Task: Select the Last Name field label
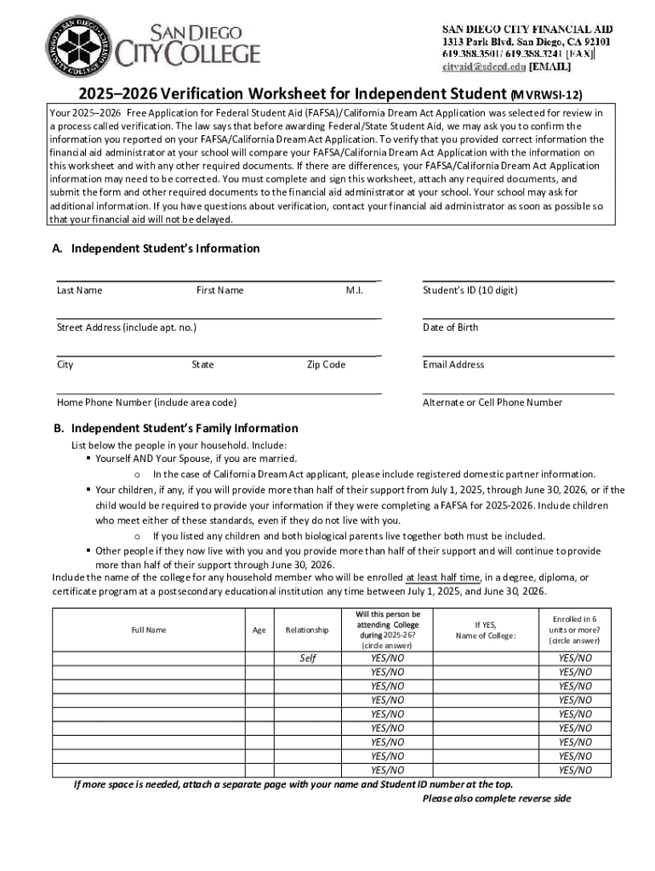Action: point(79,291)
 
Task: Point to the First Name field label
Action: point(219,291)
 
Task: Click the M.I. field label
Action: point(355,291)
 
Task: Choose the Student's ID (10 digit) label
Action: point(470,291)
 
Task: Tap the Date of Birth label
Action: point(450,327)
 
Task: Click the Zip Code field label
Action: point(326,365)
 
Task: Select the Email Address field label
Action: point(453,365)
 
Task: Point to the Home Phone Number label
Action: point(146,402)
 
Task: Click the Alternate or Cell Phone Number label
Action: point(493,402)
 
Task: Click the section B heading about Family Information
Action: point(175,428)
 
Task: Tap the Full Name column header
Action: point(149,630)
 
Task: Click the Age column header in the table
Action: point(259,630)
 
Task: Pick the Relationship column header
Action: point(307,630)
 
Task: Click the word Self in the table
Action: point(307,658)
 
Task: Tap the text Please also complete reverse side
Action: point(496,799)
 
